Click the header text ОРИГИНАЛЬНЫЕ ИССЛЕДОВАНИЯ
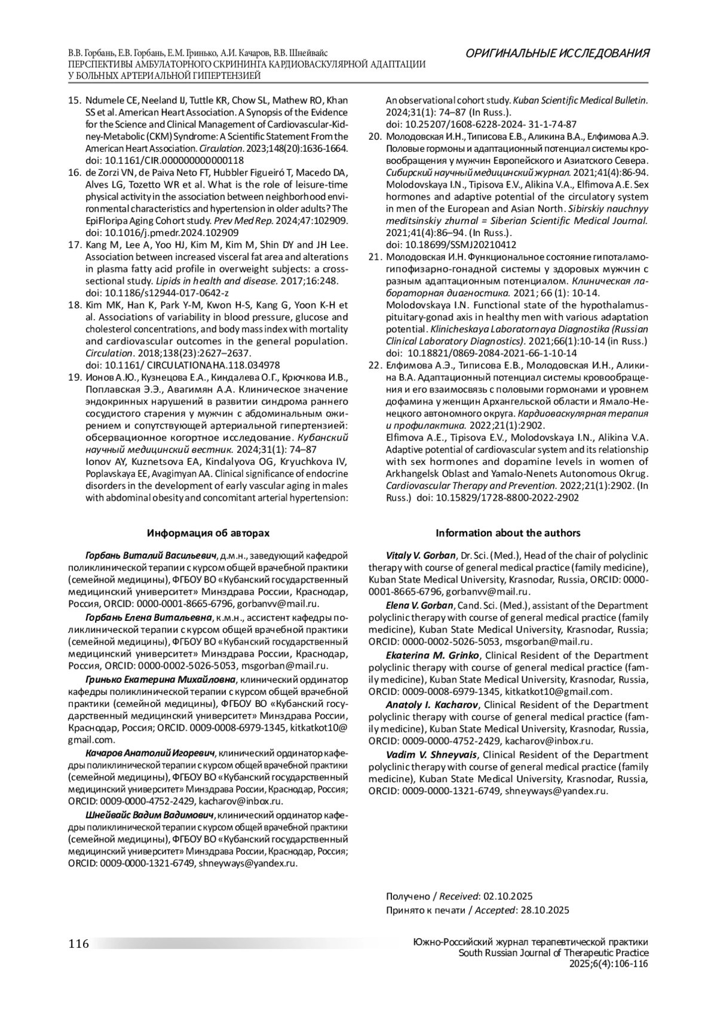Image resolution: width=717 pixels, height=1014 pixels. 557,54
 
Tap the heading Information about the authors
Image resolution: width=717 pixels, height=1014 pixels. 508,532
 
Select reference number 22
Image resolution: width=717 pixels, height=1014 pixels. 375,365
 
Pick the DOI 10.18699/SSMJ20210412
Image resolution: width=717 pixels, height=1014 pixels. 451,245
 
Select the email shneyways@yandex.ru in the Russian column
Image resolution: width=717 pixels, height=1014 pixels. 247,863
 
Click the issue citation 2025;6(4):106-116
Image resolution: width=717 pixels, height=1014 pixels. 608,964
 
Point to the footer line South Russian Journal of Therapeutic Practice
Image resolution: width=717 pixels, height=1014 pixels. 553,954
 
